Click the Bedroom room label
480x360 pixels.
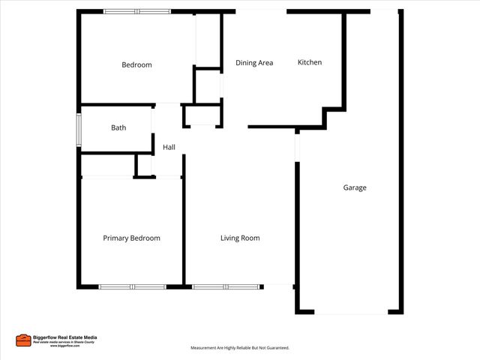point(136,64)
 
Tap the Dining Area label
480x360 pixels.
point(254,63)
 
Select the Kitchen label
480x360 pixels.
point(310,62)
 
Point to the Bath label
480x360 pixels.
point(118,127)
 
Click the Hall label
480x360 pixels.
point(169,147)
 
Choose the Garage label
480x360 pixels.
point(355,187)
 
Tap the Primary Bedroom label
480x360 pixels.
point(131,238)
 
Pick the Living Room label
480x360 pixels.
point(240,238)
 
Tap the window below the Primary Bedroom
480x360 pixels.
point(132,286)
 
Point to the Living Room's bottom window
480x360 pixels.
point(225,286)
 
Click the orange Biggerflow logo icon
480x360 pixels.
point(23,340)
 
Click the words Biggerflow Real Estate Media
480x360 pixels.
point(65,337)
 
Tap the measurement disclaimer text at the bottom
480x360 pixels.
point(240,348)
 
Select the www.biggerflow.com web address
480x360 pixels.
point(65,346)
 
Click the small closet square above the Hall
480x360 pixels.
point(202,116)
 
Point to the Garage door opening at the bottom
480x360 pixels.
point(350,313)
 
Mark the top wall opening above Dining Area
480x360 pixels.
point(261,11)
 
